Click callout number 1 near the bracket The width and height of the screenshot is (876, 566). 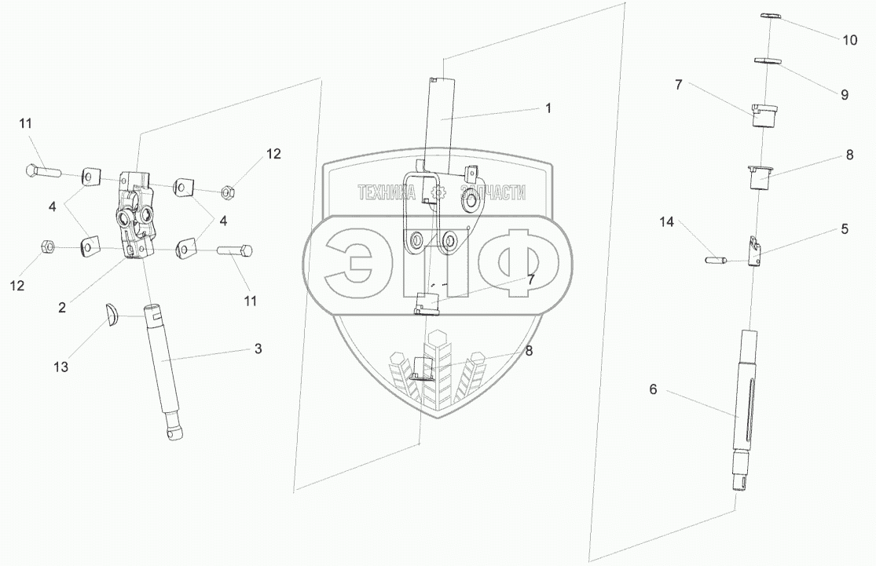548,108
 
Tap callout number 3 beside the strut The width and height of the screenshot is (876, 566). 258,348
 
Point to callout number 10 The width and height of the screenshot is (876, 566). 850,41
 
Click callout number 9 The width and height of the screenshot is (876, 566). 845,94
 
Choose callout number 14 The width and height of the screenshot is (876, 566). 667,223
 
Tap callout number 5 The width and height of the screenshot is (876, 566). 845,230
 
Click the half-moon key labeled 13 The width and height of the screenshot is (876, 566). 113,314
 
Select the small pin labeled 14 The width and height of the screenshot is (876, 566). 715,259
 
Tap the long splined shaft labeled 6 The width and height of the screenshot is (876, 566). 749,393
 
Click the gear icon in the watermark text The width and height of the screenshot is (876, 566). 438,192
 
